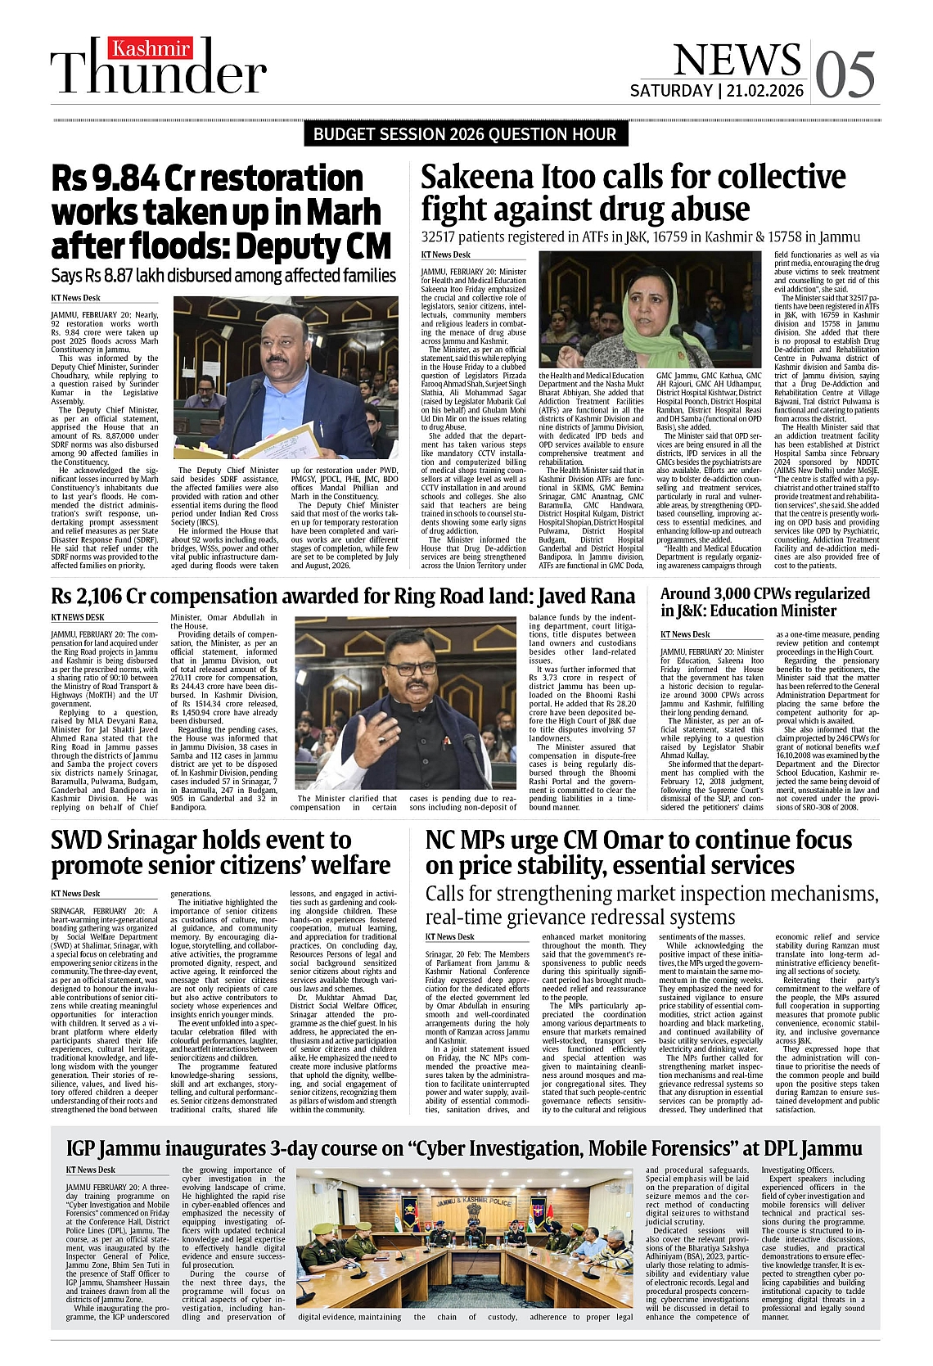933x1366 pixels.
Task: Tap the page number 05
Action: (x=845, y=74)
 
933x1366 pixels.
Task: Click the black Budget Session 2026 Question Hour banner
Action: (x=466, y=134)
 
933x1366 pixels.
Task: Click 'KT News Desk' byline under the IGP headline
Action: (x=90, y=1170)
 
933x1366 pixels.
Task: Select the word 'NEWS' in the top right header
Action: (x=736, y=59)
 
